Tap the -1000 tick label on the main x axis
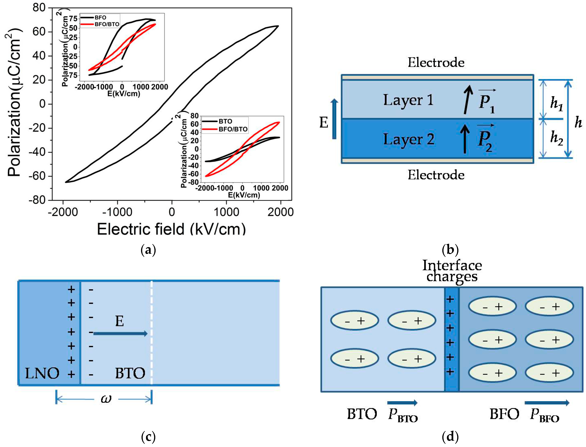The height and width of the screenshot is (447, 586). point(117,212)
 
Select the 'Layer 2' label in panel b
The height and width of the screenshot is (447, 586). point(409,139)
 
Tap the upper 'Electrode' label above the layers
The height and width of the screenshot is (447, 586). point(436,62)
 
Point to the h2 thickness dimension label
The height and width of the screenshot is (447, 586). point(557,138)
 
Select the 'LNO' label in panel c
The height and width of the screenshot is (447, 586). point(42,373)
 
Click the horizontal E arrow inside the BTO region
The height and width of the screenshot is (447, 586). point(120,333)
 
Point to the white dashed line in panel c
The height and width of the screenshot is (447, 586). point(151,333)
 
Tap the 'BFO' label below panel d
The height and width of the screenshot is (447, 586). point(504,414)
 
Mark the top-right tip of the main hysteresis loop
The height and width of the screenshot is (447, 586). point(278,26)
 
